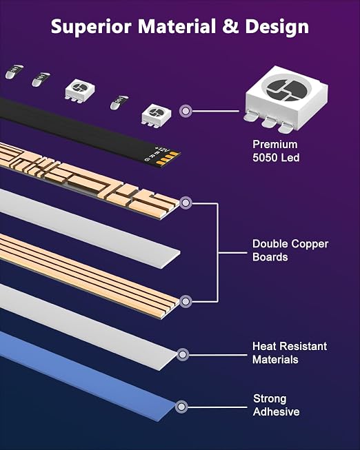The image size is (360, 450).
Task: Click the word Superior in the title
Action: pos(91,27)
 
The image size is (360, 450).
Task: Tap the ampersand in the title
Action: pos(230,25)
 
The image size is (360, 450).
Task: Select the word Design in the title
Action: pos(277,27)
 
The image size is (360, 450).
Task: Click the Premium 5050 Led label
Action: pos(276,151)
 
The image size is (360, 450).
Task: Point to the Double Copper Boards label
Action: pos(290,250)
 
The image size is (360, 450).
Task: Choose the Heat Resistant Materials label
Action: pos(290,353)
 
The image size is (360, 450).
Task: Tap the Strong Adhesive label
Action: pos(276,405)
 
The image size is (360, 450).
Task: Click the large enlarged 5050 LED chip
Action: pos(286,99)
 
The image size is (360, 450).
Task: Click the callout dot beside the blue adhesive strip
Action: pos(181,407)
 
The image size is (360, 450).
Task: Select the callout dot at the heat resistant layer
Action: pos(183,355)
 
